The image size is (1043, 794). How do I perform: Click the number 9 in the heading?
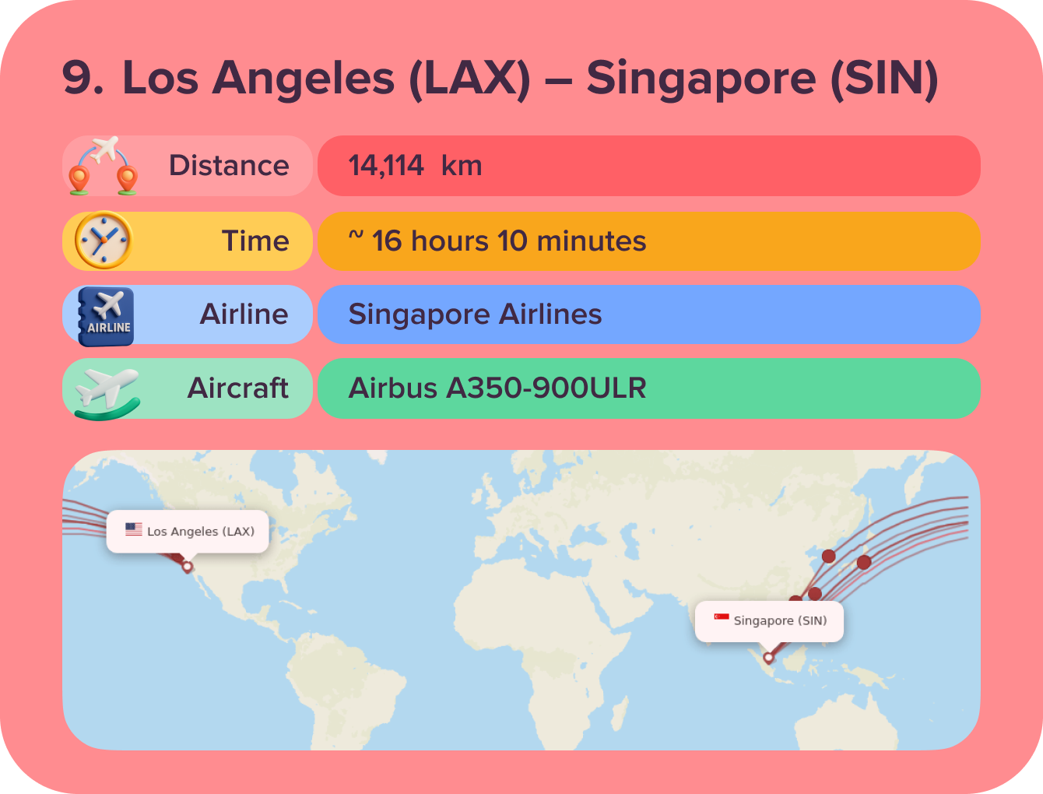(x=82, y=79)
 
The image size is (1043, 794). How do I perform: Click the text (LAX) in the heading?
(x=470, y=79)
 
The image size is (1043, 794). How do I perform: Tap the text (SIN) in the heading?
(x=884, y=79)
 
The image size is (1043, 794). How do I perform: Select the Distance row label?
(x=229, y=166)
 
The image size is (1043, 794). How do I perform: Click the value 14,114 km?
(x=415, y=166)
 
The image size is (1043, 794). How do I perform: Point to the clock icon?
(x=103, y=241)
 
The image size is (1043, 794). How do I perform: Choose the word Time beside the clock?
(x=255, y=241)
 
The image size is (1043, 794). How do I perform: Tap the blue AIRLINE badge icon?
(x=107, y=316)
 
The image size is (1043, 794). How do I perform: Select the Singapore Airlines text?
(x=475, y=314)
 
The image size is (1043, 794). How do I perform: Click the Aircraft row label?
(x=238, y=388)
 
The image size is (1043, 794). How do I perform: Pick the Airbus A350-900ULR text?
(x=497, y=388)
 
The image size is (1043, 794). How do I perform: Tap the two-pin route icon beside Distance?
(x=103, y=166)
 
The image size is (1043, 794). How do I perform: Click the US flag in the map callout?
(x=134, y=529)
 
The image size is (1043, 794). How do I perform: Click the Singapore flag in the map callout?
(x=722, y=618)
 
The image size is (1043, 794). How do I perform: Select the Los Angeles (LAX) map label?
(x=201, y=532)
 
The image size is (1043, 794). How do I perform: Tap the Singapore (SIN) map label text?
(x=780, y=620)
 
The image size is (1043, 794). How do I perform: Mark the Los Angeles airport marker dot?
(x=187, y=567)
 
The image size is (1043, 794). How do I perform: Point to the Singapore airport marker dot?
(x=768, y=658)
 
